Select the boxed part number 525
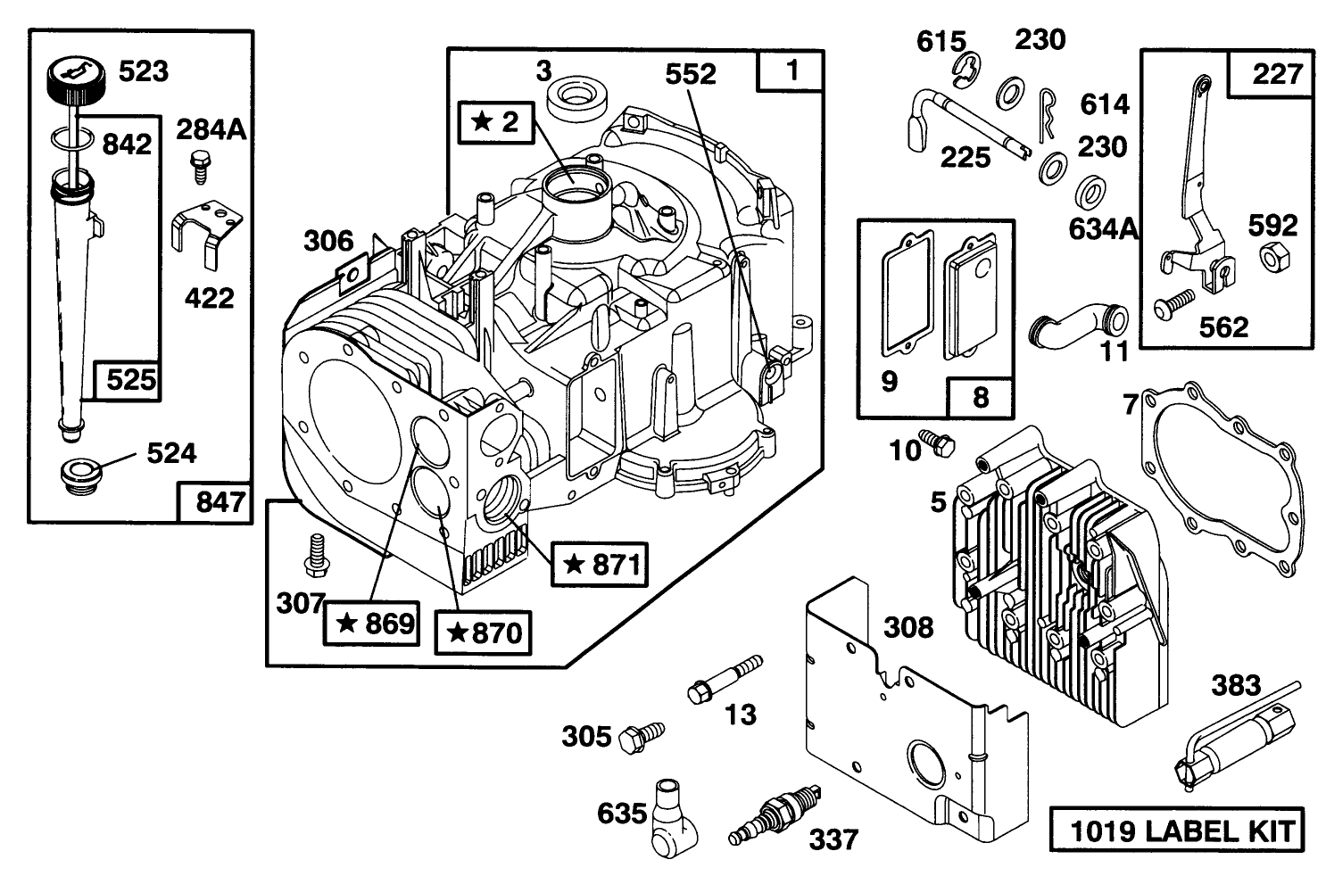click(131, 381)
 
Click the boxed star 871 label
click(600, 564)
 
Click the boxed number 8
click(981, 397)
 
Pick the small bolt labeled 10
click(939, 441)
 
